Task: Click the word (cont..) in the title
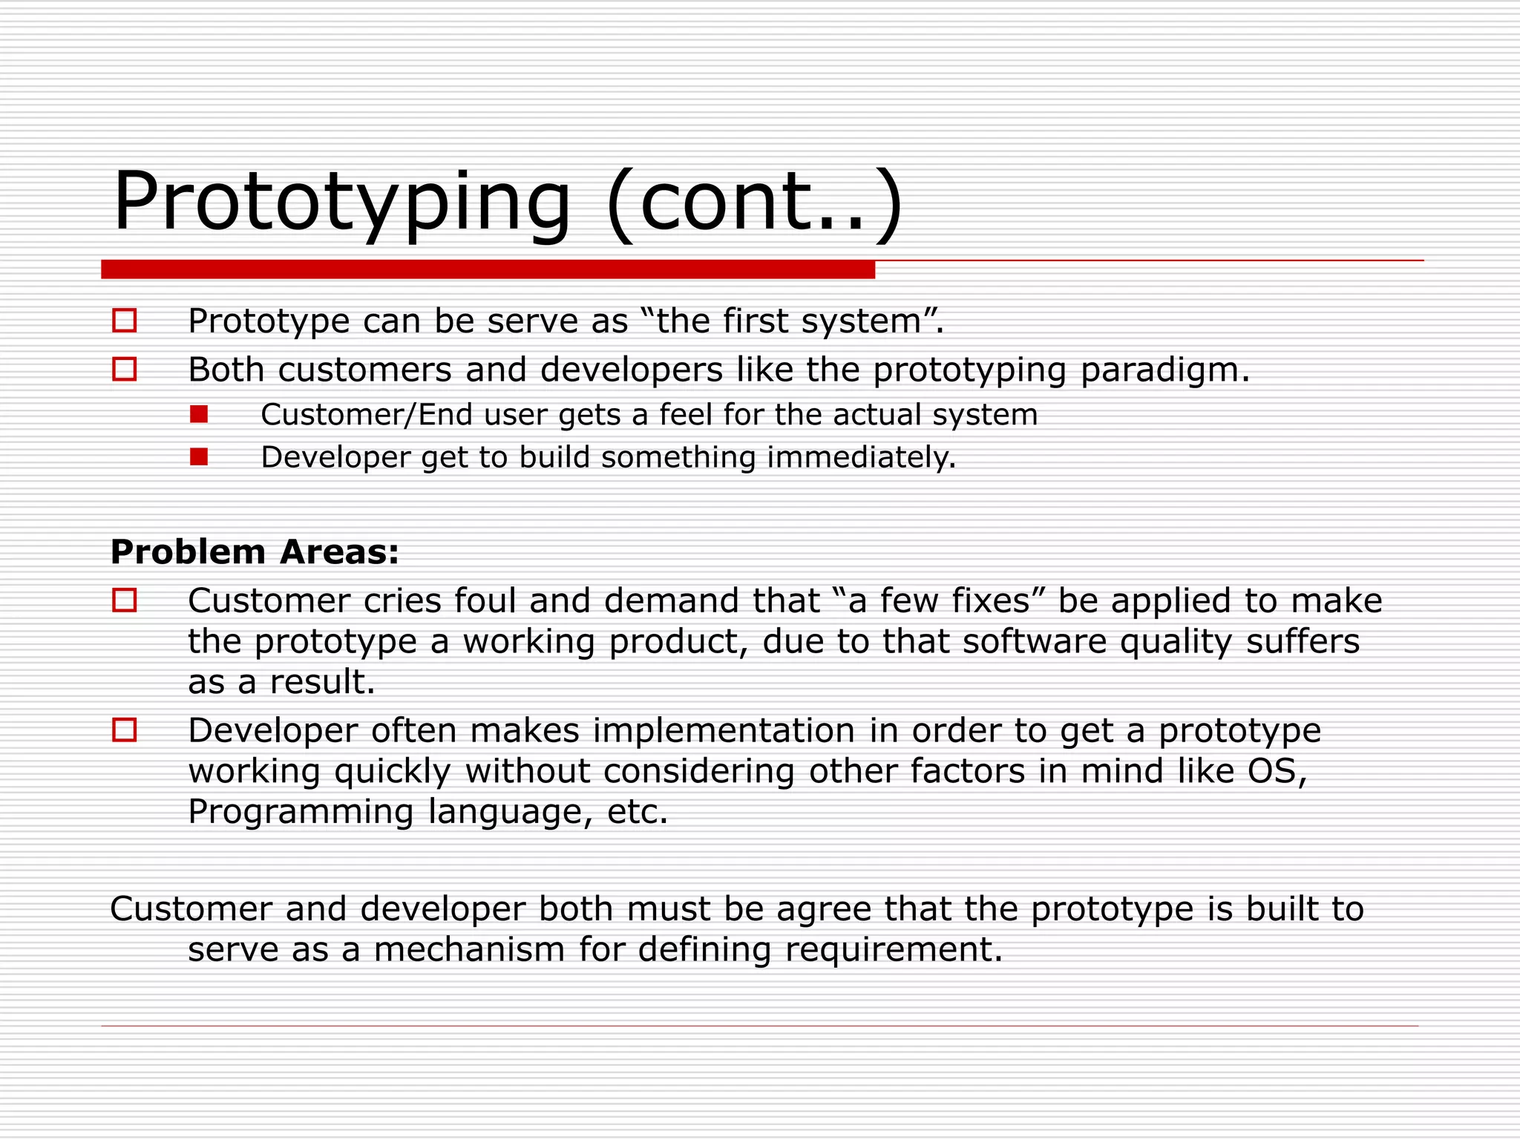coord(754,202)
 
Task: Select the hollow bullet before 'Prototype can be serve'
coord(125,321)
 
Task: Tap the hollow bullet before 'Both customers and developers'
coord(125,369)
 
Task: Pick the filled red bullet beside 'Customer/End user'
coord(199,414)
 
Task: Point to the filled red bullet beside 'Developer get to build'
coord(199,456)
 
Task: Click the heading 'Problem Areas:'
coord(255,552)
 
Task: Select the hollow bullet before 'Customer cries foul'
coord(125,600)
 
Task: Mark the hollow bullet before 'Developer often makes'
coord(125,730)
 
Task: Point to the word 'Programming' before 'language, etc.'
coord(301,812)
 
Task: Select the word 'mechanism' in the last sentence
coord(469,949)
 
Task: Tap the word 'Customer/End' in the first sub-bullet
coord(367,415)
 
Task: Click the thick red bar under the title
coord(488,269)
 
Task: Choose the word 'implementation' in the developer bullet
coord(724,730)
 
